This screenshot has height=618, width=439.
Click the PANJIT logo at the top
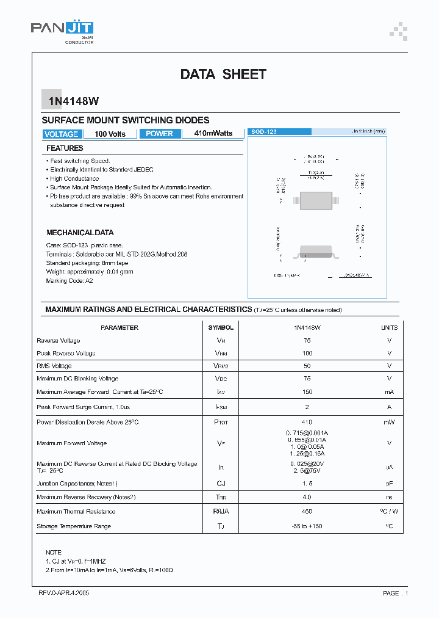coord(62,29)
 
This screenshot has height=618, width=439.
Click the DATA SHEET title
coord(223,75)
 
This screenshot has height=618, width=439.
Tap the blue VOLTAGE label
coord(61,134)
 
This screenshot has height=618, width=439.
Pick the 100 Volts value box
coord(110,134)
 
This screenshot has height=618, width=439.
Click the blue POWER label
coord(160,134)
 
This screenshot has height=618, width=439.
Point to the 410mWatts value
coord(213,134)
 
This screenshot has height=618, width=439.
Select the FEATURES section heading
coord(65,148)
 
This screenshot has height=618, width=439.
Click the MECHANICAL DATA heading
coord(80,233)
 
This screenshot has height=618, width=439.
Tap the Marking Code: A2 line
coord(70,280)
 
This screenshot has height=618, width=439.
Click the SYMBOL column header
coord(221,328)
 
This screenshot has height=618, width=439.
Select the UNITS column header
coord(389,328)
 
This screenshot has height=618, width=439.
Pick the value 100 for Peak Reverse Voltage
coord(307,354)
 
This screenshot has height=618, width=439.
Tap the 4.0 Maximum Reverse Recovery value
coord(307,497)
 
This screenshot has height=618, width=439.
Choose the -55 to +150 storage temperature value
coord(307,526)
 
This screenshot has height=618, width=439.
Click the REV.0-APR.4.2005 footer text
coord(64,593)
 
